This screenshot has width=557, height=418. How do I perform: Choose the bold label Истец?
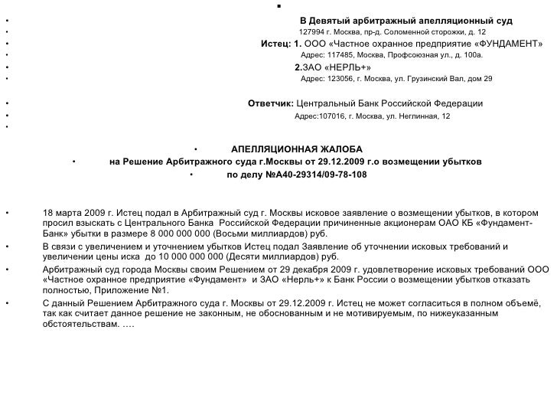[276, 44]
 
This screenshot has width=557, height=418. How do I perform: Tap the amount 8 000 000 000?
[180, 234]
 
